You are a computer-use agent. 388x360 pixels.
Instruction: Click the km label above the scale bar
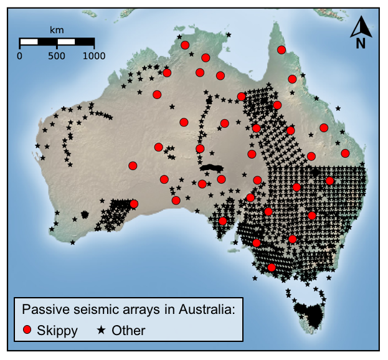57,29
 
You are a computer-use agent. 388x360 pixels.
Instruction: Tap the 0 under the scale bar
19,55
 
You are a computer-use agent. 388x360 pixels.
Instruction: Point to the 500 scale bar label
57,55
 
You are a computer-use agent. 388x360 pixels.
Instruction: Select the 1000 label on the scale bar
94,55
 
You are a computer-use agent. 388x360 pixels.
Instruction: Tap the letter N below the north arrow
361,43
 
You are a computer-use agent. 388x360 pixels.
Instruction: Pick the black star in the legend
101,330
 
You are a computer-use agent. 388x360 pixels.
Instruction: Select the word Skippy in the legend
58,331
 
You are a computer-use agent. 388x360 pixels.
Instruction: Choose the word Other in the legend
128,330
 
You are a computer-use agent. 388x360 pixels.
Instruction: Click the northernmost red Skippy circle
185,45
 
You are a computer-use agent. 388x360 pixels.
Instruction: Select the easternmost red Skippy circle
345,153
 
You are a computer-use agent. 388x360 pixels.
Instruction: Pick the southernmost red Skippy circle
272,268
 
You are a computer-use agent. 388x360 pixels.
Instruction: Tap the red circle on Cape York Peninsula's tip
282,50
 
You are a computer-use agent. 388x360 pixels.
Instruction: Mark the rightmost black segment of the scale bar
85,42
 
